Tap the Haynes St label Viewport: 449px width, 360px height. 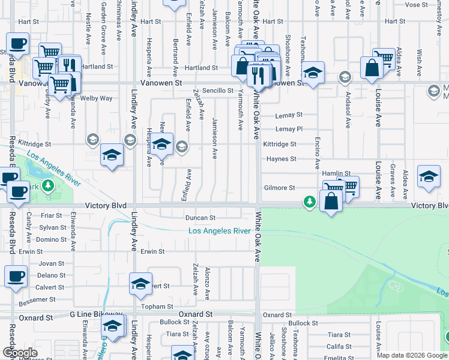[282, 159]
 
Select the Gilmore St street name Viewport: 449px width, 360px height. [280, 188]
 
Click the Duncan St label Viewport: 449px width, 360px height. [200, 218]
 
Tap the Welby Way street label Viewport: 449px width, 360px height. [97, 98]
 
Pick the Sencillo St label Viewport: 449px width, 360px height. [217, 91]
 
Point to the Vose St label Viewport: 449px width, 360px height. [417, 5]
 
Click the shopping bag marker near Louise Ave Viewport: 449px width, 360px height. [372, 68]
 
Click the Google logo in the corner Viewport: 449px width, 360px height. [20, 353]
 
